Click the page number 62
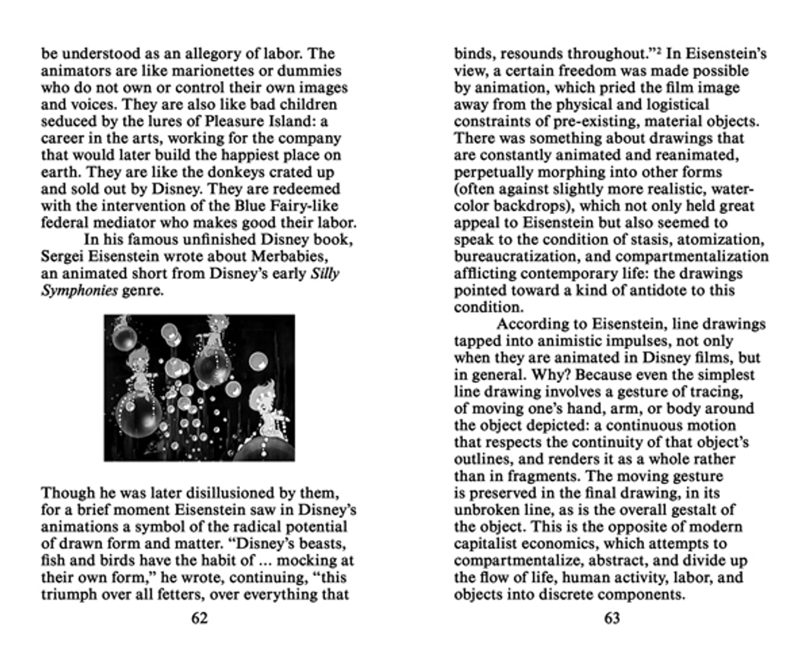(199, 618)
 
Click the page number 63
(612, 618)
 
